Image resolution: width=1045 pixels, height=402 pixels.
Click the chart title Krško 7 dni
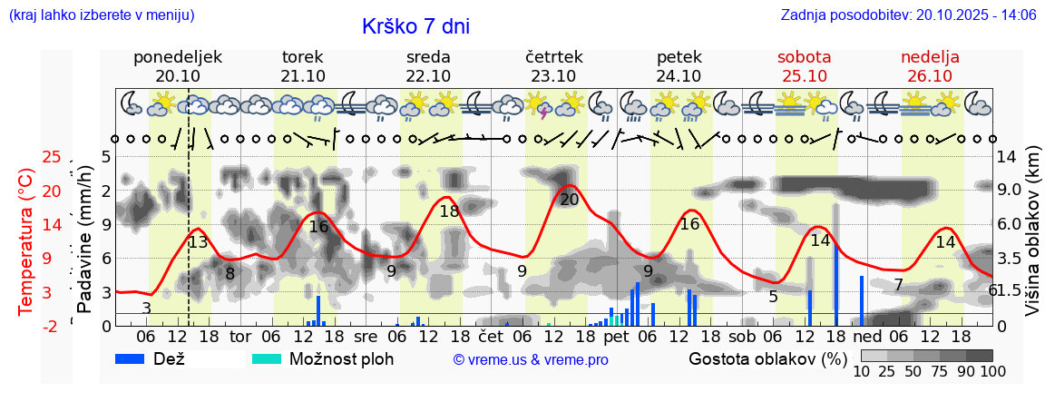(415, 26)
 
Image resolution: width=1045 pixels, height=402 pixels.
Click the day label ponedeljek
(177, 57)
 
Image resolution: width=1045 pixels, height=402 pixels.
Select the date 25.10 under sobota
(804, 76)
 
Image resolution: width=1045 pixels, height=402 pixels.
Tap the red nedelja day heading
(930, 57)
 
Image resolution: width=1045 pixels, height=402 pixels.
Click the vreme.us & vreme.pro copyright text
(531, 360)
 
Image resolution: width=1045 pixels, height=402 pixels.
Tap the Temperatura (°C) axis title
(26, 241)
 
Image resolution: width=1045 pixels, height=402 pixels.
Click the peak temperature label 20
(569, 200)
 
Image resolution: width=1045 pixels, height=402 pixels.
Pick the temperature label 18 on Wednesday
(449, 211)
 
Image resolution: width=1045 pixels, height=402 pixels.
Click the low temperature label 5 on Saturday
(773, 297)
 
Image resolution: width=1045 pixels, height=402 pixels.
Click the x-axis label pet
(616, 337)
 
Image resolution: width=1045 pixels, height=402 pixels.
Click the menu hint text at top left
(101, 15)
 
